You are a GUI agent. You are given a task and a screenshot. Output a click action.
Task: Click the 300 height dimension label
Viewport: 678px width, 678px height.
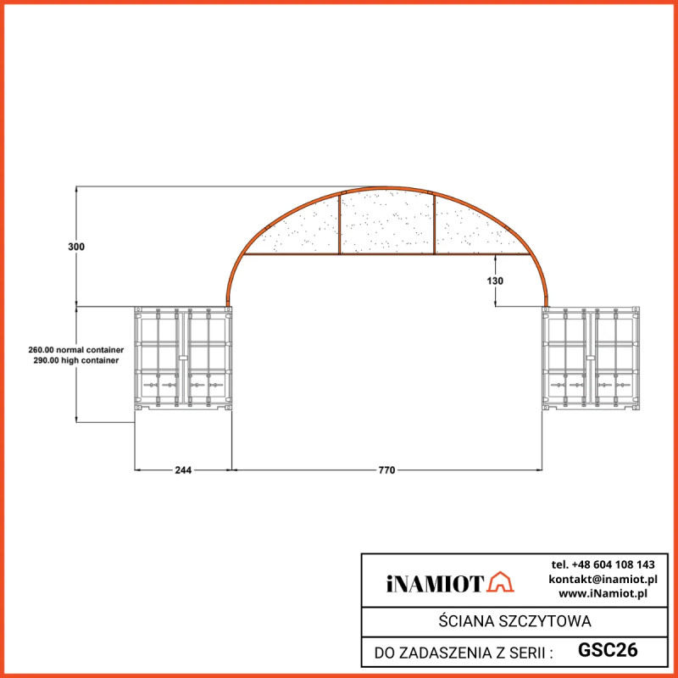(x=76, y=247)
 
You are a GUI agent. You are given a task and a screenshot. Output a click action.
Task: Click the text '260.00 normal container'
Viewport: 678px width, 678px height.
(x=76, y=349)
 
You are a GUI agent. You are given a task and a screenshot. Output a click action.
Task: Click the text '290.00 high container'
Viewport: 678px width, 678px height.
(x=76, y=360)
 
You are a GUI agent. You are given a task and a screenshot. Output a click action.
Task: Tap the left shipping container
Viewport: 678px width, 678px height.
(x=183, y=359)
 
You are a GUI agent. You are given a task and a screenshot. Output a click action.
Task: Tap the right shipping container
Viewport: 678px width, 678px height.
(x=591, y=359)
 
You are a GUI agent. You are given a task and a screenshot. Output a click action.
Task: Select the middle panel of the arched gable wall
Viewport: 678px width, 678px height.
(x=387, y=222)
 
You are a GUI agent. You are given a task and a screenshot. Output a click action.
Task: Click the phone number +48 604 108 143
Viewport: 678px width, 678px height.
(x=603, y=564)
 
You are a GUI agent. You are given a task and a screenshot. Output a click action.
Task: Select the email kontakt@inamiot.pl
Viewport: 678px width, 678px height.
(x=603, y=579)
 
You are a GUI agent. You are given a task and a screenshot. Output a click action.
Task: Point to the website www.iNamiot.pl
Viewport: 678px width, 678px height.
(x=603, y=593)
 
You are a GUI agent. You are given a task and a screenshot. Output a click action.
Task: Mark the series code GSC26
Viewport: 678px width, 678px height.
(x=608, y=651)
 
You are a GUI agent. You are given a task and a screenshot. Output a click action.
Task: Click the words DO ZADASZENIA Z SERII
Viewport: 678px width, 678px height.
(x=464, y=653)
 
